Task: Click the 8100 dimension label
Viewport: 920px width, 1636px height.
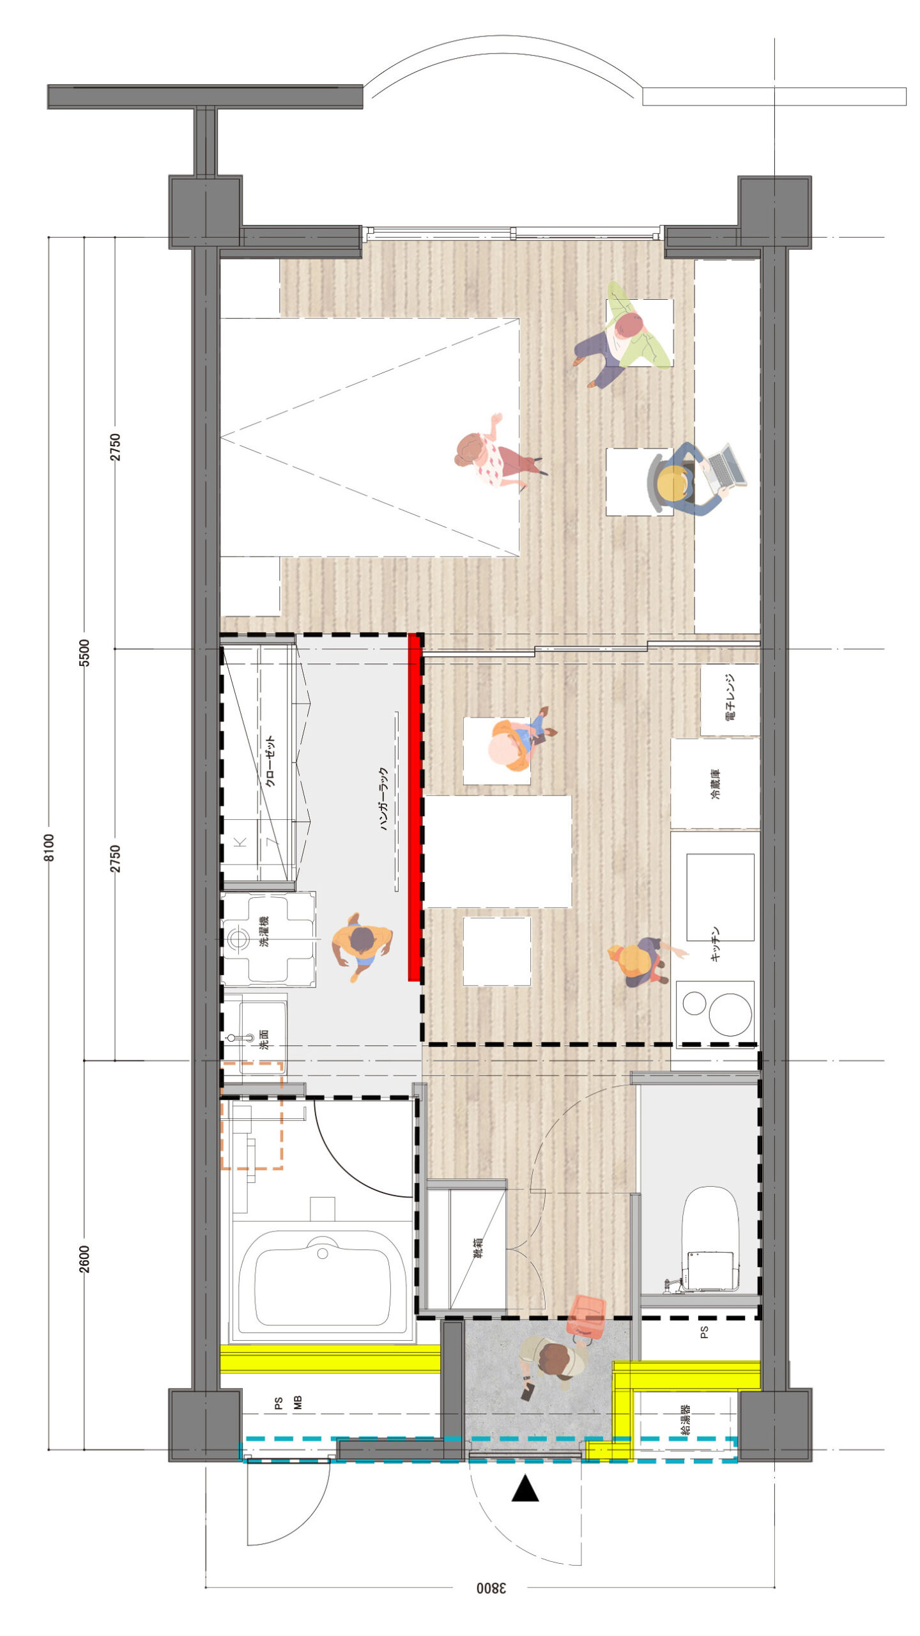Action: click(x=49, y=847)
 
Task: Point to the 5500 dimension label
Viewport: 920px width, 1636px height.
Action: click(x=84, y=652)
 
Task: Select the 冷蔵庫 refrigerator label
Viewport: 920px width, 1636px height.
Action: click(x=715, y=784)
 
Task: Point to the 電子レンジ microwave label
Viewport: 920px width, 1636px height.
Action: click(x=731, y=697)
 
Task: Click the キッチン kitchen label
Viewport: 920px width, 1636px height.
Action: click(x=716, y=944)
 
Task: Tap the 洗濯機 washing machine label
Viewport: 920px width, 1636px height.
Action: click(x=263, y=931)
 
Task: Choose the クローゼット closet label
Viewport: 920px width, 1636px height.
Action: click(x=270, y=762)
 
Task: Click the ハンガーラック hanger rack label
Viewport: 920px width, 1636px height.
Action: click(x=384, y=798)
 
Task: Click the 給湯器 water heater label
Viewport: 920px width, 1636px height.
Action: click(x=685, y=1420)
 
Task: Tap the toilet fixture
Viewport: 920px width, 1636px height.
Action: click(x=709, y=1237)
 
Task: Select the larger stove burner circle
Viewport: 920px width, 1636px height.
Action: click(x=730, y=1015)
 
